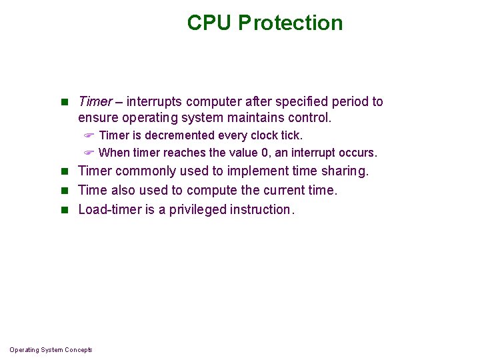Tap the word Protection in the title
point(291,23)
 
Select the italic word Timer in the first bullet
point(95,101)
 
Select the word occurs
point(358,152)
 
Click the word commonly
point(141,171)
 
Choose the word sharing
point(345,171)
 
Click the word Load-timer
point(108,209)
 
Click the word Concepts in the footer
point(79,350)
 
